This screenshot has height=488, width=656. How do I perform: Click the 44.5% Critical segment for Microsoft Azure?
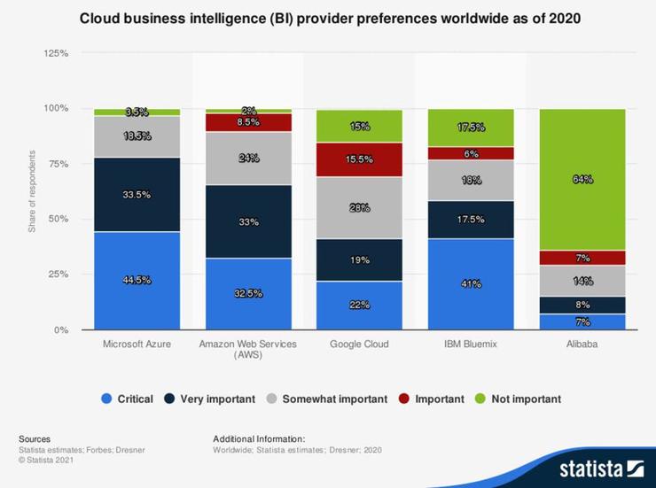click(137, 281)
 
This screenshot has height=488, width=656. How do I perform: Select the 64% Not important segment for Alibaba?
click(582, 179)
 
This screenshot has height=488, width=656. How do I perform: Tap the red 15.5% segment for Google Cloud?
click(359, 159)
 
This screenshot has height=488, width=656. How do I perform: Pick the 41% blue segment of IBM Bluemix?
click(470, 284)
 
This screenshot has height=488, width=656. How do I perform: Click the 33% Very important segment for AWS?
click(248, 221)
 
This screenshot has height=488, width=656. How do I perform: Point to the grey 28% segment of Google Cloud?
click(359, 207)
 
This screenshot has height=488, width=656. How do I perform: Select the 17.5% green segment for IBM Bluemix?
click(470, 128)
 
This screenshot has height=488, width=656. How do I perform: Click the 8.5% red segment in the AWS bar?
click(248, 122)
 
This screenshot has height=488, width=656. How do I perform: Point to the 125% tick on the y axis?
click(56, 53)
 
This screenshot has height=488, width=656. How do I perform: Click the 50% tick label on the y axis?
click(59, 219)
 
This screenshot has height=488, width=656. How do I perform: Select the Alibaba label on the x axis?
click(582, 344)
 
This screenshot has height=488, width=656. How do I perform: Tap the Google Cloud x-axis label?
click(359, 344)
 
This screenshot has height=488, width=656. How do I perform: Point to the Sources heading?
click(35, 438)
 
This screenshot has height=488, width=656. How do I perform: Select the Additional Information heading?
click(259, 438)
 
